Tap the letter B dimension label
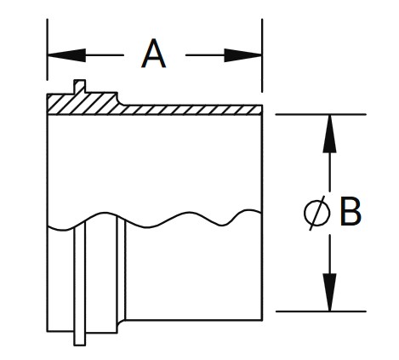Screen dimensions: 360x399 351,213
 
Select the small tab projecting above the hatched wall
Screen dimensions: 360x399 80,86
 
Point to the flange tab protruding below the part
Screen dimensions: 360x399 79,337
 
